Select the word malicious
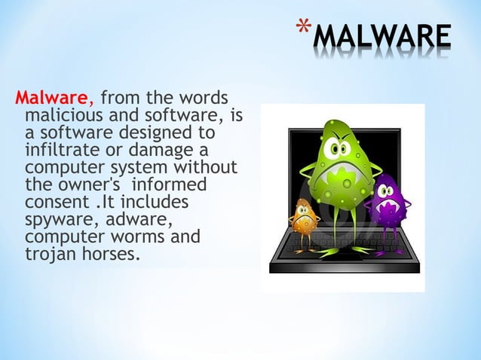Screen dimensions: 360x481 [x=62, y=116]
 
